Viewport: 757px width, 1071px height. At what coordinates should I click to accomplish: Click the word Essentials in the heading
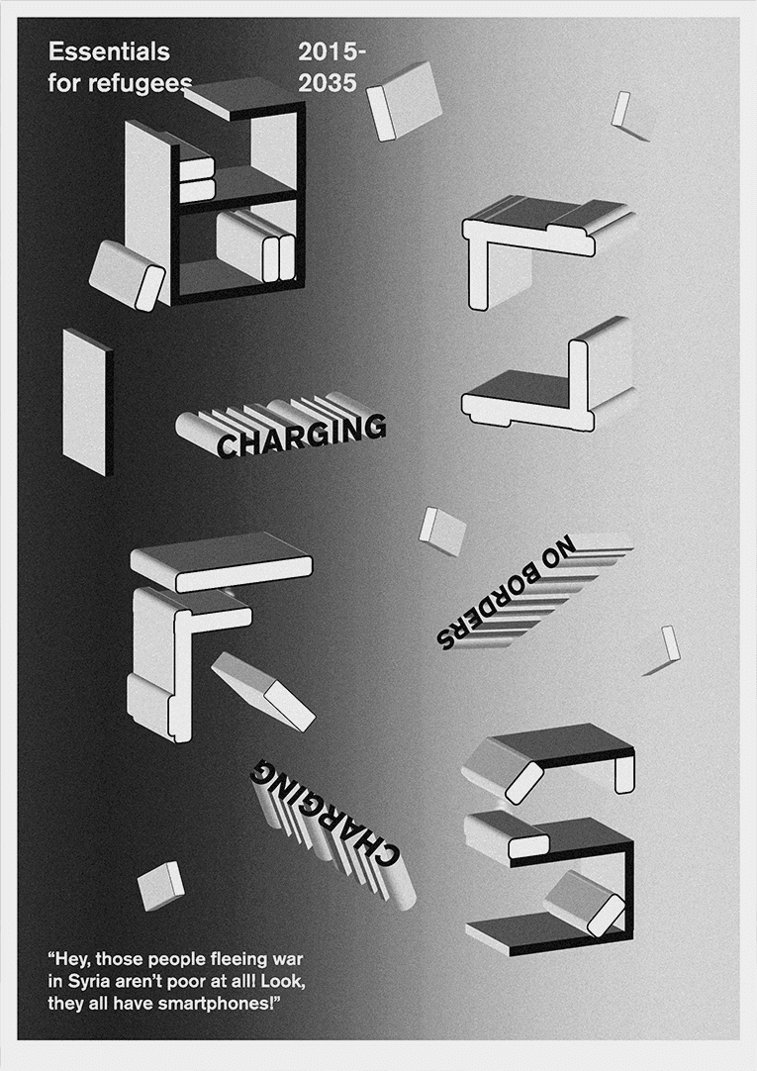tap(109, 51)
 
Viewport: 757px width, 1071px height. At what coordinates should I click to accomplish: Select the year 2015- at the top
tap(332, 51)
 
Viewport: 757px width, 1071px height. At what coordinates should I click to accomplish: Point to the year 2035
tap(328, 83)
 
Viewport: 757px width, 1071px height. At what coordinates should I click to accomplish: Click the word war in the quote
tap(287, 959)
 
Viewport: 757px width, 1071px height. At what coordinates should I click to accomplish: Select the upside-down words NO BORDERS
tap(507, 592)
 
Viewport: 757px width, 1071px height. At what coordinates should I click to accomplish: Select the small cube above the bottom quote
tap(161, 885)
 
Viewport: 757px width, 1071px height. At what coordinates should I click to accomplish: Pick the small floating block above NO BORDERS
tap(442, 530)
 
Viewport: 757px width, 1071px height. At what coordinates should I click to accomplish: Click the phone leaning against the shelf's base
tap(127, 275)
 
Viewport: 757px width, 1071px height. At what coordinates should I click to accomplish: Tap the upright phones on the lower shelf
tap(255, 245)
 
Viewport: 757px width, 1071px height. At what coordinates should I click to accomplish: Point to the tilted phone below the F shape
tap(263, 691)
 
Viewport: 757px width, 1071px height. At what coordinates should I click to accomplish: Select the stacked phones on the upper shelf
tap(197, 180)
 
